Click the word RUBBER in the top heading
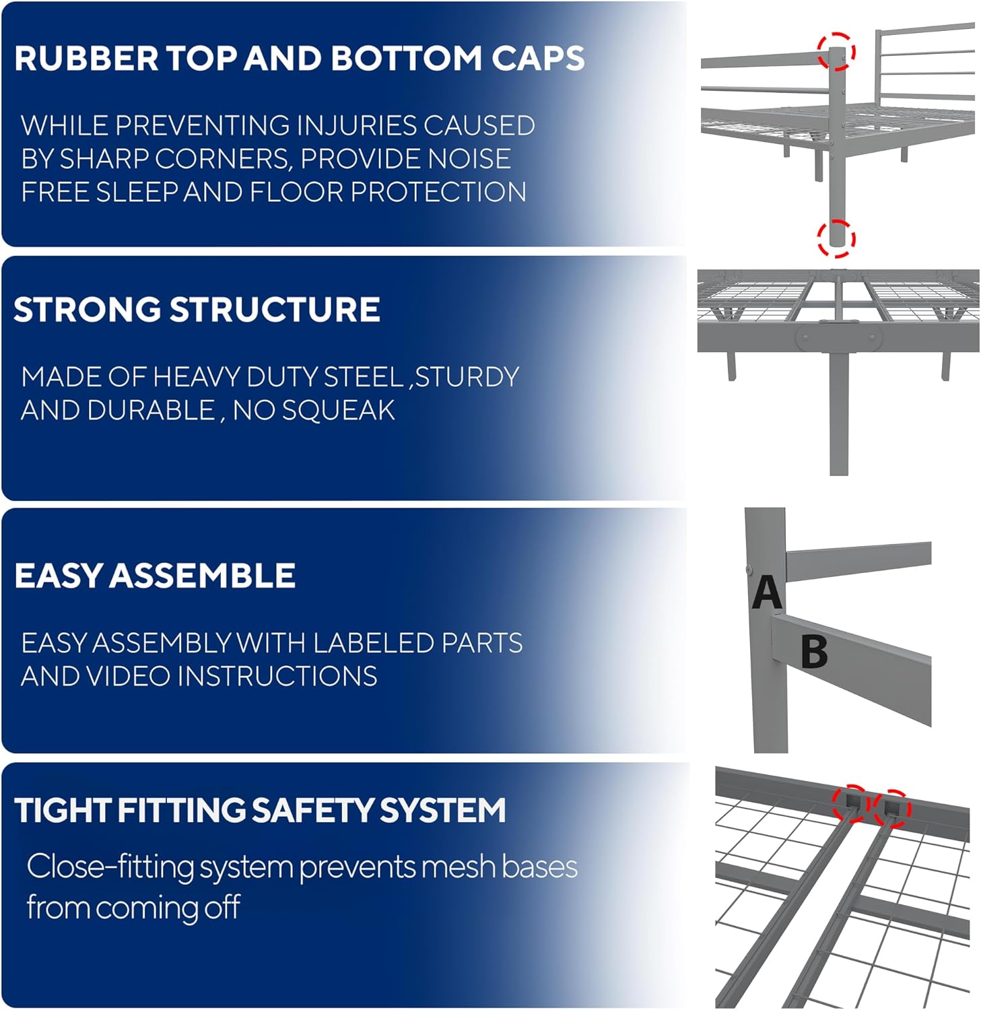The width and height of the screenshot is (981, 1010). [x=86, y=59]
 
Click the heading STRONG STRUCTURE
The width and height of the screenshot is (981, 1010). [x=197, y=310]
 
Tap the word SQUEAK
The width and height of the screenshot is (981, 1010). [x=338, y=410]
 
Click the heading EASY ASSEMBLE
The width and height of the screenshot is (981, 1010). [x=155, y=576]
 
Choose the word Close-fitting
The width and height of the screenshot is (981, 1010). [x=110, y=867]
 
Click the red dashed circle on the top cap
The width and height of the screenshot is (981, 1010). [x=837, y=51]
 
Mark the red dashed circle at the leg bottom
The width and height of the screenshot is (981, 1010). [x=836, y=238]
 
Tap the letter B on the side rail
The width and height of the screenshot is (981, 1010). [x=814, y=652]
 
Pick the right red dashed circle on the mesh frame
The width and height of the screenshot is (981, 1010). [x=892, y=808]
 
